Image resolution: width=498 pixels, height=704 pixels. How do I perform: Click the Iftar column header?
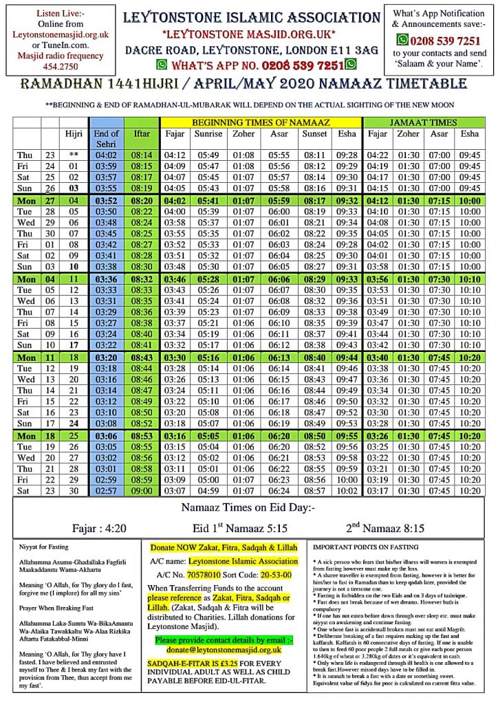[x=142, y=134]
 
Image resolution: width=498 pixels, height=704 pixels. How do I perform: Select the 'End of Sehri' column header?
[x=106, y=139]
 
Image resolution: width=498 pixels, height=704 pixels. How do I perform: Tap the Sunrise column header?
[x=209, y=134]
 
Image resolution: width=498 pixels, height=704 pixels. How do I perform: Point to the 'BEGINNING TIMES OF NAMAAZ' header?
[x=261, y=122]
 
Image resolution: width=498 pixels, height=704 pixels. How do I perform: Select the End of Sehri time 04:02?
[x=106, y=155]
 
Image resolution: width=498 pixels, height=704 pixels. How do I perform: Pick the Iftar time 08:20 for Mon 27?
[x=142, y=201]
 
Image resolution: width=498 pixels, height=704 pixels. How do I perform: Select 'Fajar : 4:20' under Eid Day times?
[x=98, y=529]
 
